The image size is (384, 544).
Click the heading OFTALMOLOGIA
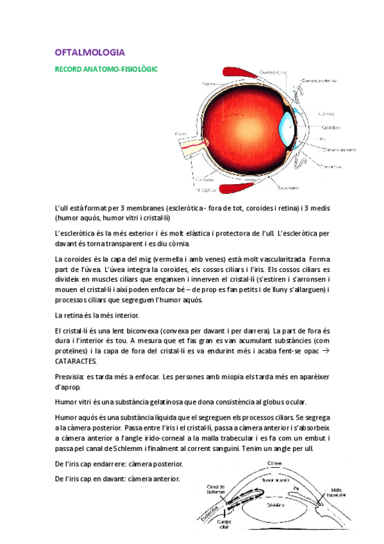pyautogui.click(x=90, y=52)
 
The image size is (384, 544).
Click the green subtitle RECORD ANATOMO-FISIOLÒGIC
pyautogui.click(x=106, y=68)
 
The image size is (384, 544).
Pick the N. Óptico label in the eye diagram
pyautogui.click(x=205, y=190)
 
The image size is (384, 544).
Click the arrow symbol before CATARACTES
pyautogui.click(x=324, y=351)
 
